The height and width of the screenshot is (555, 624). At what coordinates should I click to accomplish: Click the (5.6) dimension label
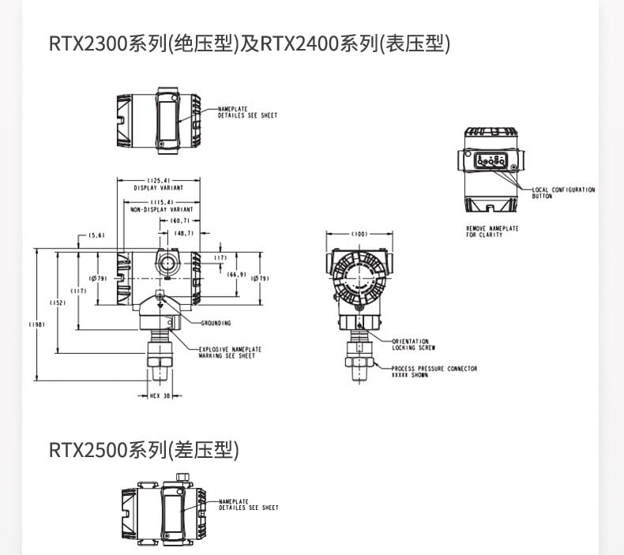(97, 235)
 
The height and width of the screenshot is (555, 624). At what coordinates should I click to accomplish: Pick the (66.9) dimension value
(236, 274)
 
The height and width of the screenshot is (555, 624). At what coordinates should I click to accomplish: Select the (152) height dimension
(58, 303)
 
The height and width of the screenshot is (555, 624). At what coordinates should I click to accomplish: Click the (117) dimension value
(77, 291)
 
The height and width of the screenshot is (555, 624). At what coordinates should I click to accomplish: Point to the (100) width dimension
(359, 234)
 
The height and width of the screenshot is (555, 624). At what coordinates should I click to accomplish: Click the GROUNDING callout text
(216, 323)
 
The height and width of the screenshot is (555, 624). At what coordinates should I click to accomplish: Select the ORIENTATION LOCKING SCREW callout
(413, 344)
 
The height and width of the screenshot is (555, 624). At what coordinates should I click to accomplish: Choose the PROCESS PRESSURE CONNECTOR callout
(434, 371)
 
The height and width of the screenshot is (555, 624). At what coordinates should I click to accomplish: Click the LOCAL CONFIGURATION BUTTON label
(563, 192)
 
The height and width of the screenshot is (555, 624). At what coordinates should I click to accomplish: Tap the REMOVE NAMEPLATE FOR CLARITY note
(492, 231)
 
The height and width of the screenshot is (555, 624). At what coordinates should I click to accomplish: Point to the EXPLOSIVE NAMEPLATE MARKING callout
(230, 352)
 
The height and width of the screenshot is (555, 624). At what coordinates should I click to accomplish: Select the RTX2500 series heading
(143, 451)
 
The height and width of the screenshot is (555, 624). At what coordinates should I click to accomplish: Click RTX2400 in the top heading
(299, 43)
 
